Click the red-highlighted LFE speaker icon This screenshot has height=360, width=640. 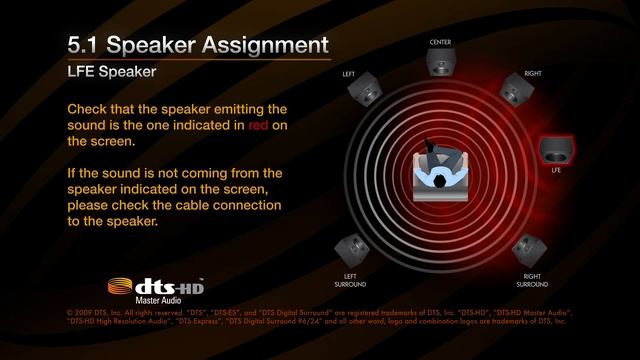[555, 149]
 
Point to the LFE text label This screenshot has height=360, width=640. [556, 171]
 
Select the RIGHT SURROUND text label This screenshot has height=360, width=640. [532, 280]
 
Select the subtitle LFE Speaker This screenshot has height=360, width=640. [111, 73]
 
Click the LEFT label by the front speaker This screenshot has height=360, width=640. [349, 74]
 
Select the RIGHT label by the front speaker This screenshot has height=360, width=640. [533, 74]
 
